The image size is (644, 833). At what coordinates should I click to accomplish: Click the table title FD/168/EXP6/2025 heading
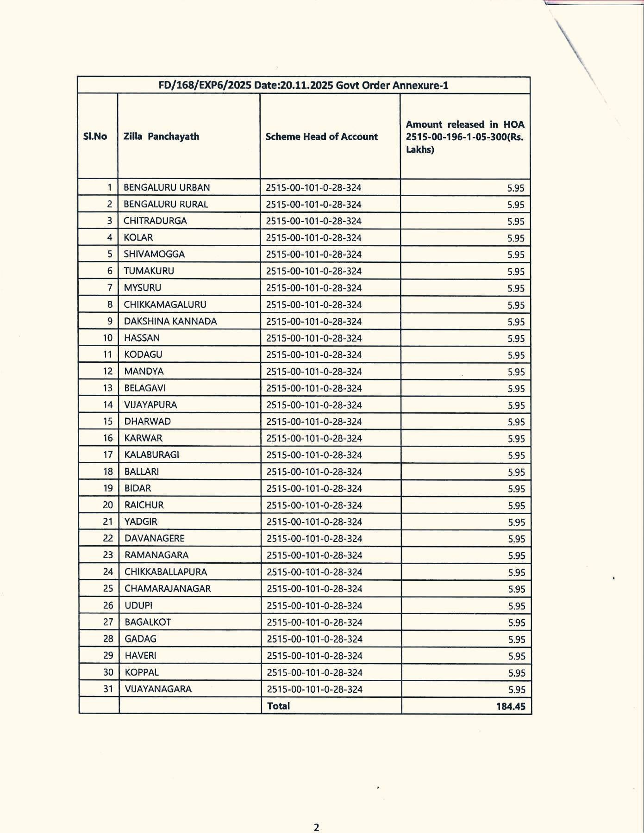point(303,86)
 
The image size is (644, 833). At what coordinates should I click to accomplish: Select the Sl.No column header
point(95,137)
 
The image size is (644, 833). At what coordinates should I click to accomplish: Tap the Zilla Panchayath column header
point(161,137)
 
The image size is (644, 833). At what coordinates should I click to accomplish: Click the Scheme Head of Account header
point(321,137)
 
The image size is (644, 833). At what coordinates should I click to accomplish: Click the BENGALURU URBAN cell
point(167,187)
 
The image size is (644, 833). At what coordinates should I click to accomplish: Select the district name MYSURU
point(143,288)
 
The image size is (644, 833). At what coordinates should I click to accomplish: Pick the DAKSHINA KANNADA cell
point(170,321)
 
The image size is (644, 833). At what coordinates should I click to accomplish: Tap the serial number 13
point(108,388)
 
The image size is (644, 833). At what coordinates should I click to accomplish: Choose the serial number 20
point(108,505)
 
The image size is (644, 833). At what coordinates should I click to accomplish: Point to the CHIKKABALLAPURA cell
point(166,572)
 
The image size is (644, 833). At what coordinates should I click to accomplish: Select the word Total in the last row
point(278,706)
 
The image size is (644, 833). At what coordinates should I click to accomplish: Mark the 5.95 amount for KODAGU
point(516,355)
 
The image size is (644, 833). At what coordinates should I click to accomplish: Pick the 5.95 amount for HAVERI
point(517,656)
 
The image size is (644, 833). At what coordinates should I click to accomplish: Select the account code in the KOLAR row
point(313,238)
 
